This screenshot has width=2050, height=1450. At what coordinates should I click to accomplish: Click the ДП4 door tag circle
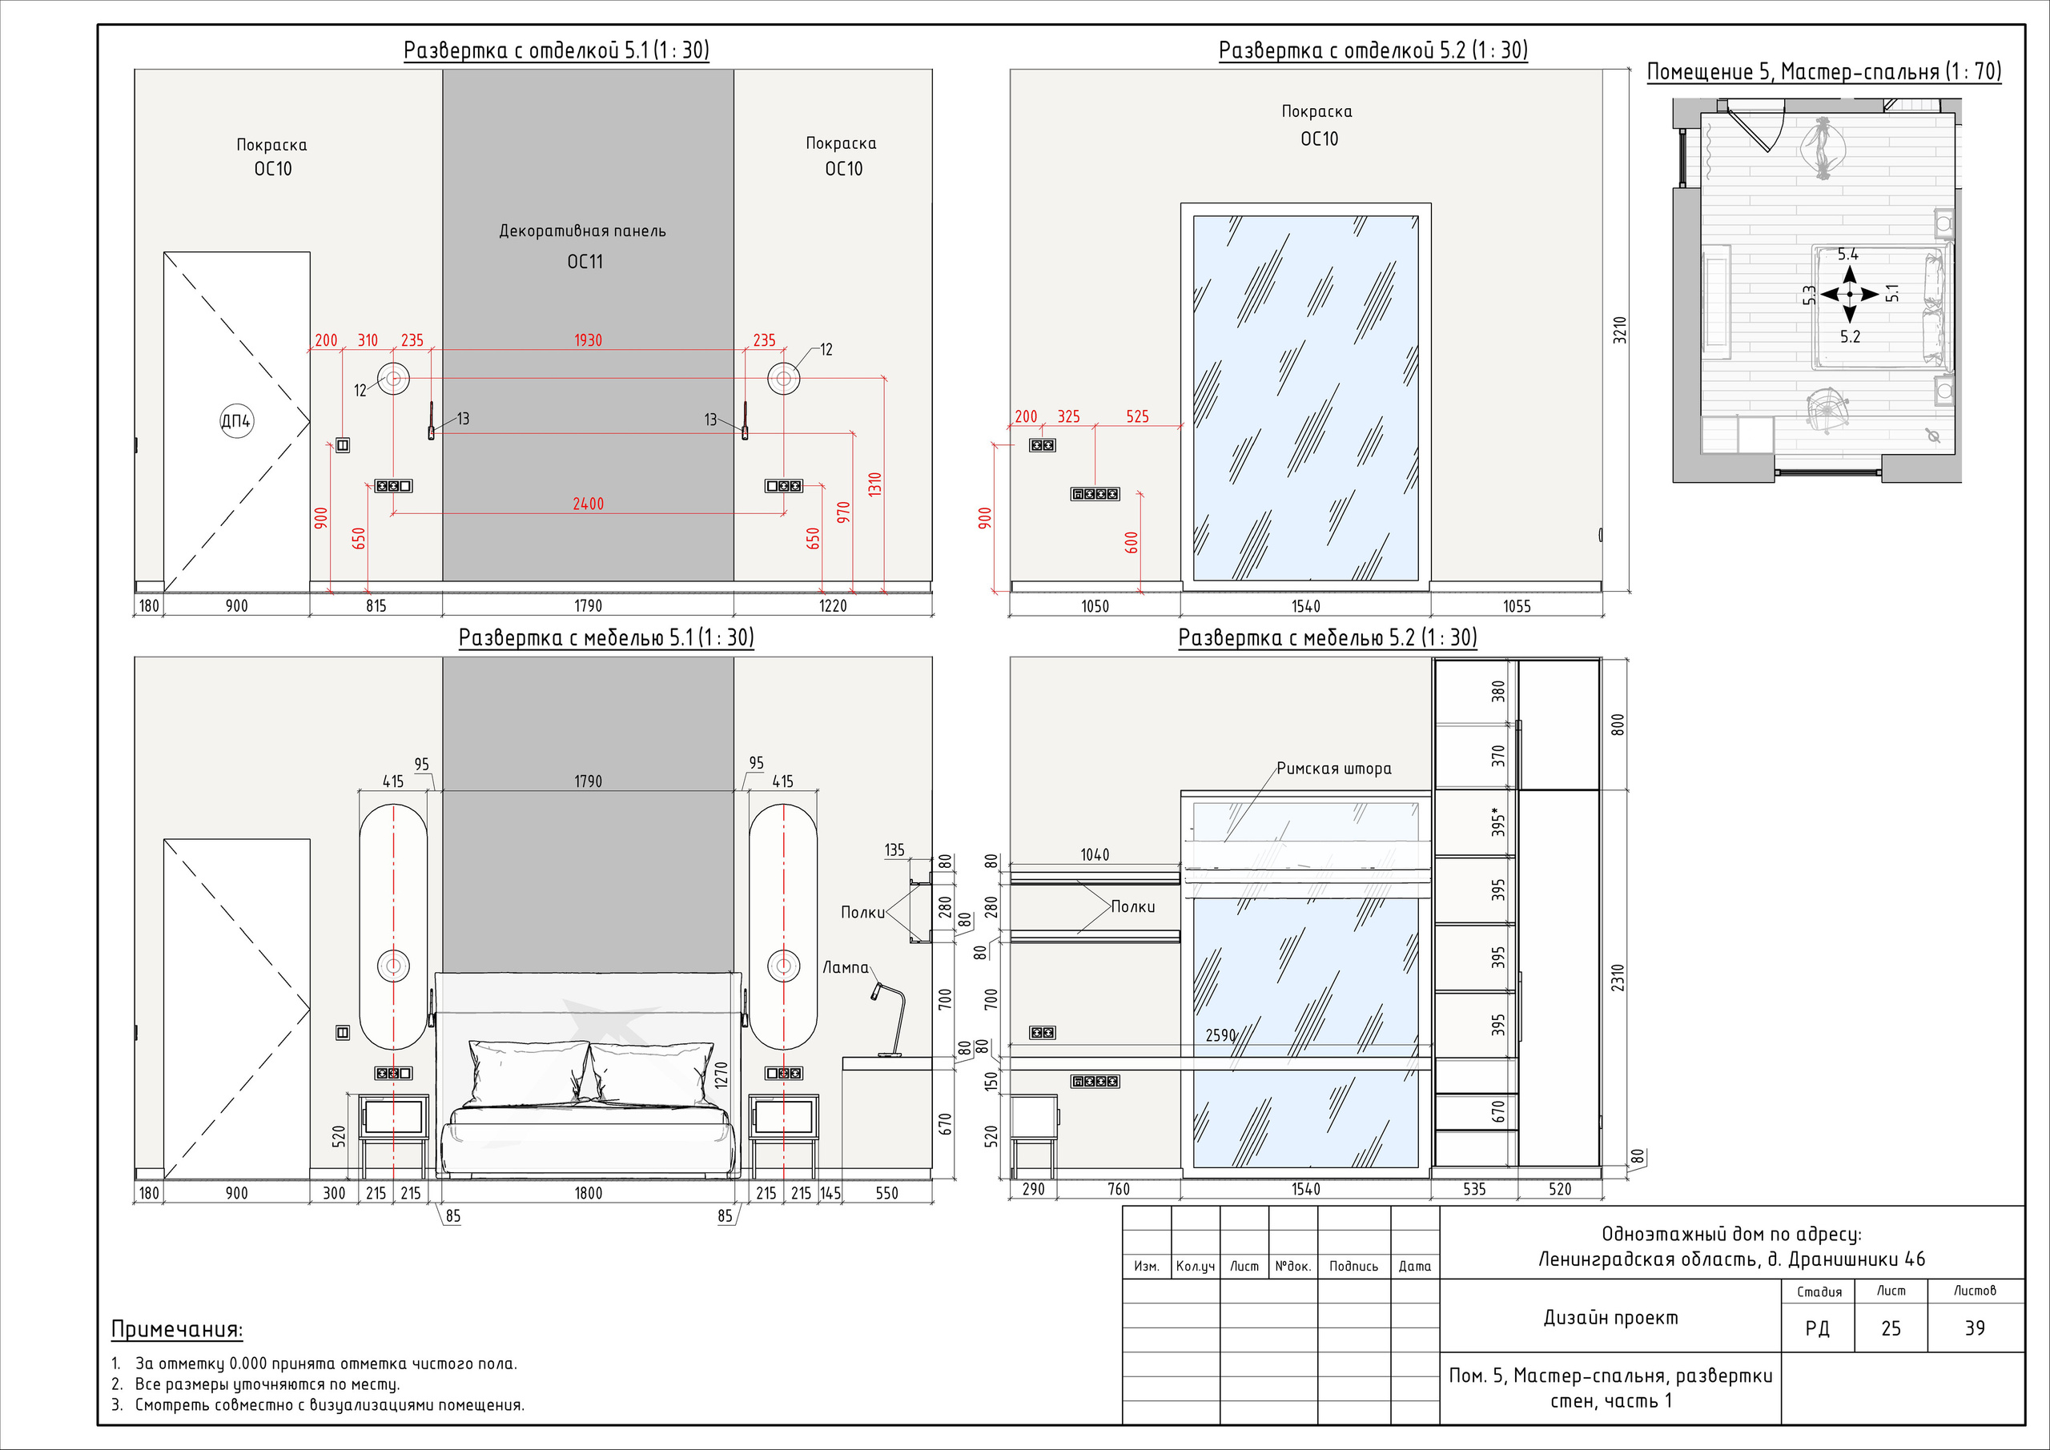[236, 420]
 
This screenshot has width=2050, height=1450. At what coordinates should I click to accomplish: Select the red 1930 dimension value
[588, 340]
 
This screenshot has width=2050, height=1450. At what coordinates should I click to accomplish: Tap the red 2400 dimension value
[588, 504]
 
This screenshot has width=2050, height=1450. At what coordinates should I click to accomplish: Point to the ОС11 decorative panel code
[585, 262]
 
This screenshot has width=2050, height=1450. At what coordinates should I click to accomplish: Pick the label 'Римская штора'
[1333, 769]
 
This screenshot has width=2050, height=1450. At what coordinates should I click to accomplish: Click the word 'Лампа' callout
[845, 967]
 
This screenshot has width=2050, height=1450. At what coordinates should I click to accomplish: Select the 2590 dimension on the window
[1220, 1036]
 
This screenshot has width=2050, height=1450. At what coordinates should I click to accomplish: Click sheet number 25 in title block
[1891, 1328]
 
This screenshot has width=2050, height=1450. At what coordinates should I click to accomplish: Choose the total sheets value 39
[1975, 1328]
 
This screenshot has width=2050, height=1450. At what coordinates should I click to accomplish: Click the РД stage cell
[1817, 1328]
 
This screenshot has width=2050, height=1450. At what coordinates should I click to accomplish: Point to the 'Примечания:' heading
[177, 1329]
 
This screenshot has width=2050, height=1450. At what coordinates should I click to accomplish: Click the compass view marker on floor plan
[1849, 294]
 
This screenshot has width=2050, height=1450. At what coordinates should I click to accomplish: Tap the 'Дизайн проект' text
[1610, 1318]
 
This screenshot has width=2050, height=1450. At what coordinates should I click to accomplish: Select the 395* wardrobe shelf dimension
[1498, 822]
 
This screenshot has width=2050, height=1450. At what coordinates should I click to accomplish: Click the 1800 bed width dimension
[588, 1193]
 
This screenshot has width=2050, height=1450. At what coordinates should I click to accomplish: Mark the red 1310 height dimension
[875, 485]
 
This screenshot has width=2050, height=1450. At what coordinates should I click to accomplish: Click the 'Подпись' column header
[1353, 1266]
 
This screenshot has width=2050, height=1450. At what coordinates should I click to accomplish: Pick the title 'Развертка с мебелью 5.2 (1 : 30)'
[1328, 637]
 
